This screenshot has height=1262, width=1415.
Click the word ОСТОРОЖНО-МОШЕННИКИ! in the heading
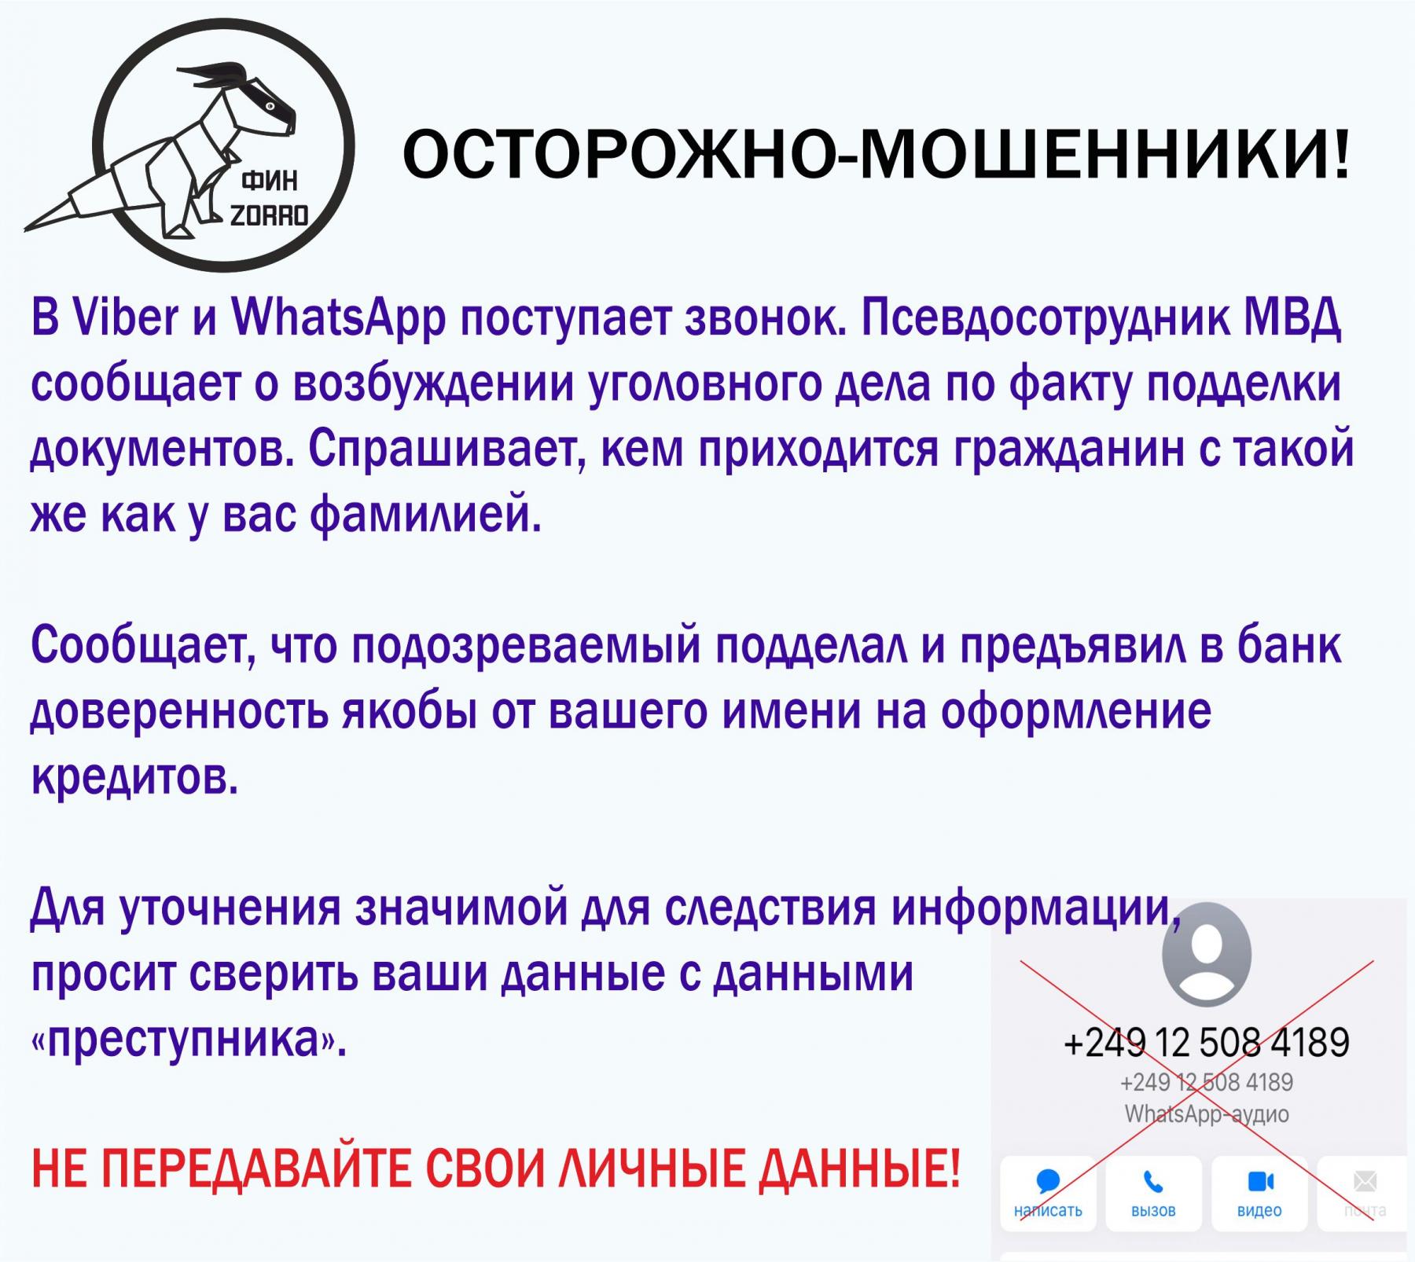[x=876, y=155]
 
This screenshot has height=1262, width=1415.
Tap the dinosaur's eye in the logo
[x=270, y=105]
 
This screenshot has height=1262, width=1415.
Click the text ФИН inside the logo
[x=269, y=182]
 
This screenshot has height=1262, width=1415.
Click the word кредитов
[x=134, y=778]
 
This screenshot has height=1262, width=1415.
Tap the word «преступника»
[x=189, y=1041]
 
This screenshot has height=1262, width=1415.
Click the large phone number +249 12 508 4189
[x=1207, y=1042]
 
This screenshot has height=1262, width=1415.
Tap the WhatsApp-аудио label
[x=1207, y=1114]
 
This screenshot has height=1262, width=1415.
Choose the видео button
[x=1259, y=1192]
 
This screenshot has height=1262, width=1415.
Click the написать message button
[x=1049, y=1192]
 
